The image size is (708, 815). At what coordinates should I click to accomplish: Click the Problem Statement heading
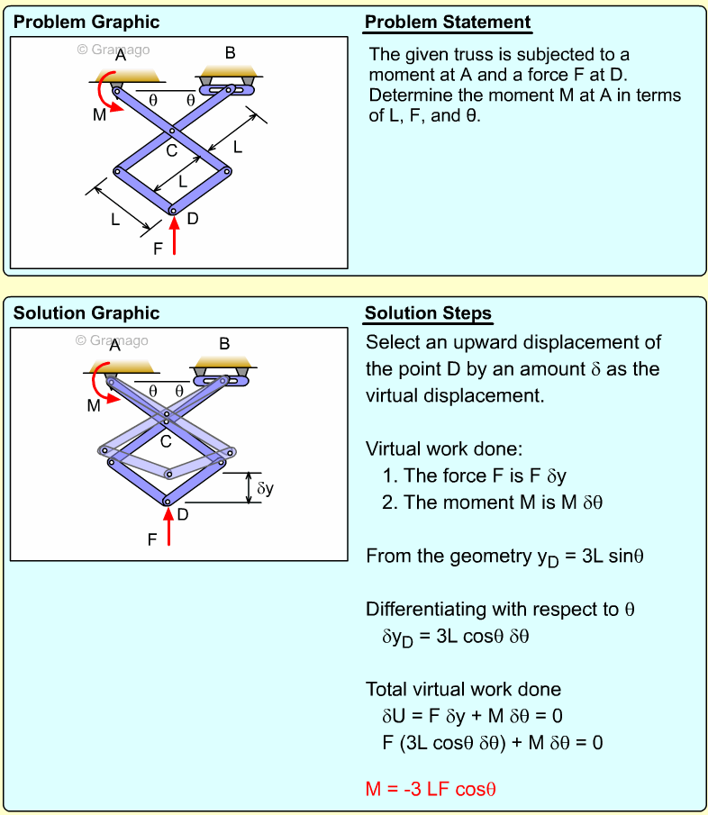448,22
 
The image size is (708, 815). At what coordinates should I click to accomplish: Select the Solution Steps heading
428,313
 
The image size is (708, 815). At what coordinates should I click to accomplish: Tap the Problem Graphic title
86,22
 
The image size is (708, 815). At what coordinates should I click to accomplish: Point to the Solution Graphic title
86,313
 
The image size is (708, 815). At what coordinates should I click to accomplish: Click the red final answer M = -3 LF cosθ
431,790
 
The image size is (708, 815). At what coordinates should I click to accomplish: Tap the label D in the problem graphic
192,219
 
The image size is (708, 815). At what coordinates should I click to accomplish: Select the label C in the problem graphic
171,150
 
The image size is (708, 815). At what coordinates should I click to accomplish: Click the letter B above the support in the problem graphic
230,53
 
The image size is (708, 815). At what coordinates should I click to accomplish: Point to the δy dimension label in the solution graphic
266,488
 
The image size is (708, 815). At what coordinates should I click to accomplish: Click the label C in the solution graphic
166,442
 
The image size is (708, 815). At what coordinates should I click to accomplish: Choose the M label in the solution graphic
94,406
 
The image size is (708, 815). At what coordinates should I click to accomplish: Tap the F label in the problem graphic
158,249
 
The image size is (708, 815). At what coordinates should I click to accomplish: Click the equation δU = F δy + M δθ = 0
473,716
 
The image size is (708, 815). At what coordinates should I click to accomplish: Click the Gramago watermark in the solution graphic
112,340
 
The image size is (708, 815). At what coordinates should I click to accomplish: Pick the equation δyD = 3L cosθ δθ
455,637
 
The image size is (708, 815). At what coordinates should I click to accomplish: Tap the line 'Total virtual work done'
463,689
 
